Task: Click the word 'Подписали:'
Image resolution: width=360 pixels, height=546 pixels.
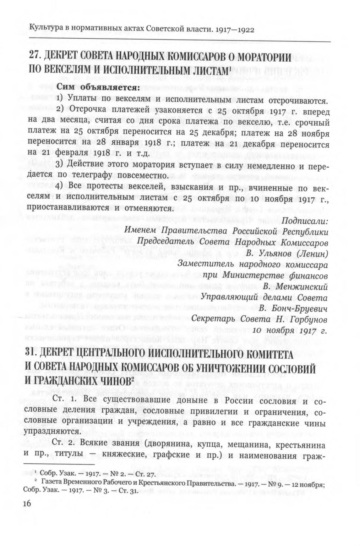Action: point(305,221)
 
